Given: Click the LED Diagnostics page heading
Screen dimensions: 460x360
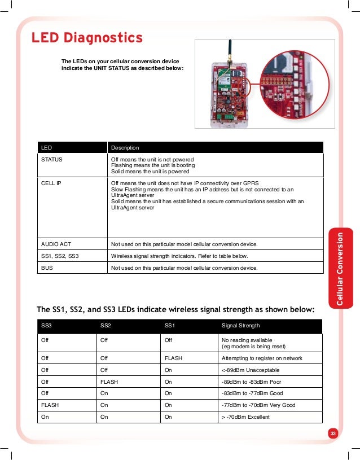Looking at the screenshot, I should [87, 38].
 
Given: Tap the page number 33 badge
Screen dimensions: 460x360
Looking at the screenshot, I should [332, 433].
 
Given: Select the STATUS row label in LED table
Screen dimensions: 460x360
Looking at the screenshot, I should [52, 159].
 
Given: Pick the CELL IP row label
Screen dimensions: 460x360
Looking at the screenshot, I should [51, 183].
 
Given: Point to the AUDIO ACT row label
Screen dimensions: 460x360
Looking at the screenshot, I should [56, 244].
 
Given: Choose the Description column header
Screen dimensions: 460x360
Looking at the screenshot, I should [125, 147].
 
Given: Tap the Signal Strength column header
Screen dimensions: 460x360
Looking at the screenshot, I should [241, 326].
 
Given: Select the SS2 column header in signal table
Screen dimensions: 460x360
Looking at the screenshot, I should [106, 326].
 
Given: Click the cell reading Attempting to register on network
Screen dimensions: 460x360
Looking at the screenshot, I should [262, 358].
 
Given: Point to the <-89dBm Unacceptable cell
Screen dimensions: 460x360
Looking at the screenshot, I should [251, 370].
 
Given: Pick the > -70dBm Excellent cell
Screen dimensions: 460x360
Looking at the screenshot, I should [246, 417].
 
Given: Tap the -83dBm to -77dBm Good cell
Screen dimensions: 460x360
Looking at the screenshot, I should [252, 393].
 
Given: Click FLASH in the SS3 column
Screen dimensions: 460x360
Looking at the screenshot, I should [50, 405].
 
